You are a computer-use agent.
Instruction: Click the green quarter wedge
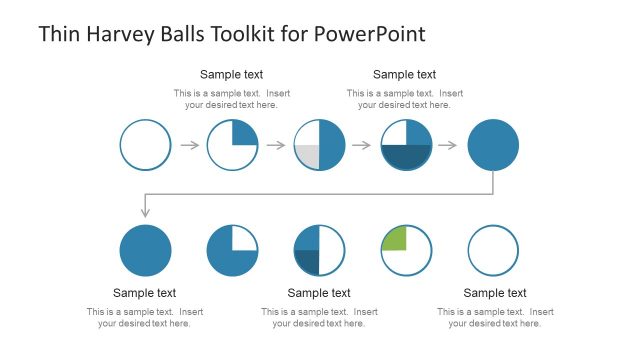click(x=395, y=239)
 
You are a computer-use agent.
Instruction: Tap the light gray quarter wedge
click(x=308, y=156)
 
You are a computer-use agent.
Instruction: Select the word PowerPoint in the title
click(x=369, y=34)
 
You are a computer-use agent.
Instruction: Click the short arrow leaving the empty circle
click(x=189, y=145)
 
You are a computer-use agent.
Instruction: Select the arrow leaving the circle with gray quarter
click(x=361, y=145)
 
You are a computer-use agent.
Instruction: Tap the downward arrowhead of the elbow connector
click(x=145, y=212)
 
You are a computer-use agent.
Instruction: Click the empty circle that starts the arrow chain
click(x=145, y=145)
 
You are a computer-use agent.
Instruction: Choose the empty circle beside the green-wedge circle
click(x=493, y=250)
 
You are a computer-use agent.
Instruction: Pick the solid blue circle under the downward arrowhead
click(x=145, y=250)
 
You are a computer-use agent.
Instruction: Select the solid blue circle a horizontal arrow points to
click(x=493, y=145)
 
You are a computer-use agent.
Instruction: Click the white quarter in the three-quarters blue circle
click(x=244, y=238)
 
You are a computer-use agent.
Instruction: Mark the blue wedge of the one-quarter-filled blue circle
click(x=244, y=133)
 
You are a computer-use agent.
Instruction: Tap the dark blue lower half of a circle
click(x=406, y=157)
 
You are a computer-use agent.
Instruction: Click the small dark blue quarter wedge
click(x=308, y=261)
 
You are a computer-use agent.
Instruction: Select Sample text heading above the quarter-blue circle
click(x=232, y=74)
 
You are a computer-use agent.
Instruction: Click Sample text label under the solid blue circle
click(x=145, y=293)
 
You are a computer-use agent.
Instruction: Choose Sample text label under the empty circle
click(x=494, y=293)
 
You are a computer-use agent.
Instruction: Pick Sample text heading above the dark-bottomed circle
click(x=404, y=74)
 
